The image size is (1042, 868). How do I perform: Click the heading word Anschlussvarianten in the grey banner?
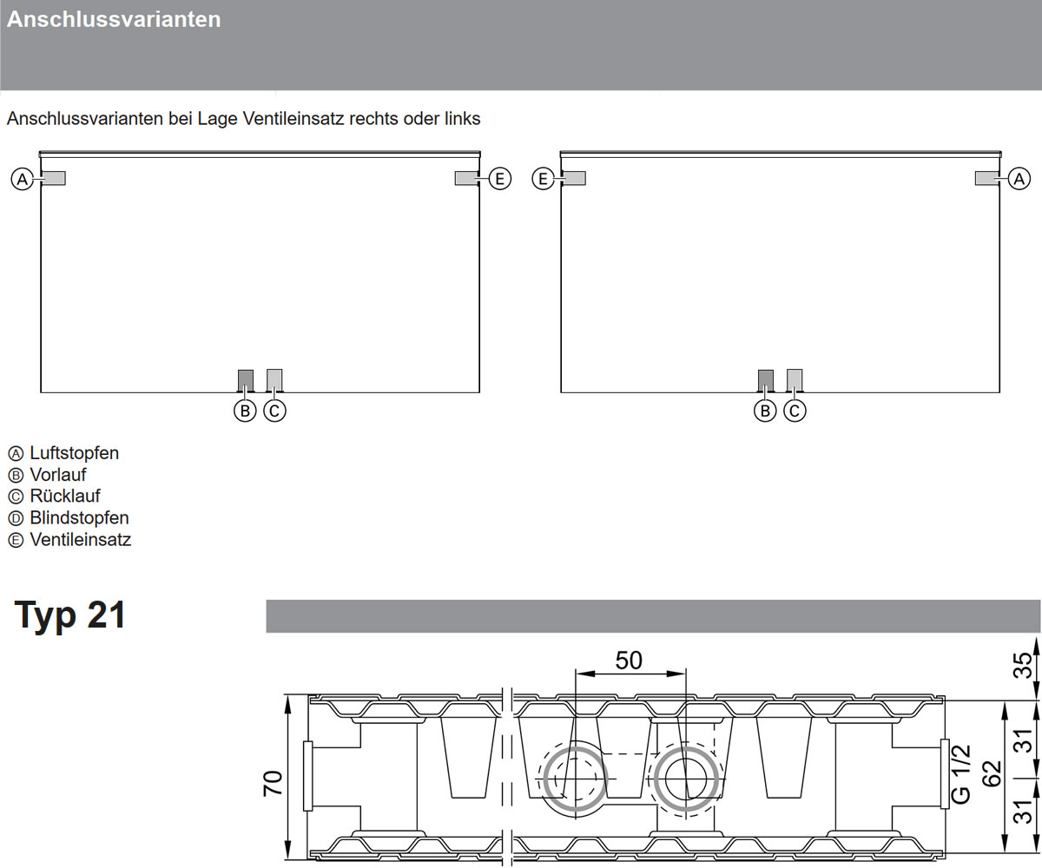tap(114, 19)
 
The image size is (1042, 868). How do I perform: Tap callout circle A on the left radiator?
tap(23, 179)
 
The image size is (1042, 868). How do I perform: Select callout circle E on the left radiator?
tap(500, 179)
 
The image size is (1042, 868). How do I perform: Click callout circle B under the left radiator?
tap(245, 411)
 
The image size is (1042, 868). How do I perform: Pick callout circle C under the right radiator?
tap(795, 411)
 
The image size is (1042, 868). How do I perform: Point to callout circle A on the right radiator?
tap(1019, 179)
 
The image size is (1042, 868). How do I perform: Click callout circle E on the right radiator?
tap(544, 179)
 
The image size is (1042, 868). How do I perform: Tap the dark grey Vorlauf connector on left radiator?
tap(246, 381)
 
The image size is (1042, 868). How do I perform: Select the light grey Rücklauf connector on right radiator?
tap(795, 381)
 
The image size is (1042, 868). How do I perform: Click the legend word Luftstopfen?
tap(75, 453)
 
